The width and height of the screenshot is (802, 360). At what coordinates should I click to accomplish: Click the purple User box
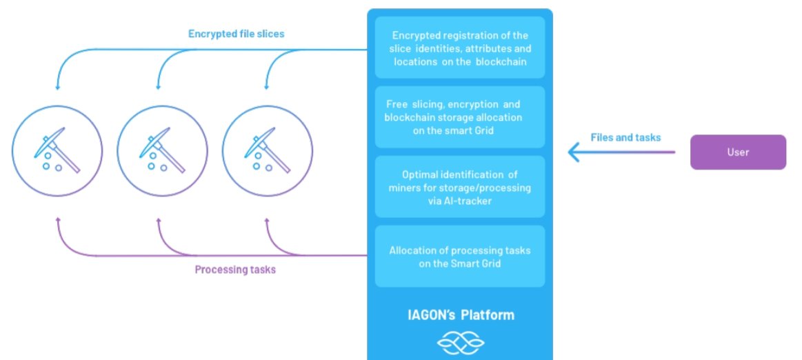tap(738, 152)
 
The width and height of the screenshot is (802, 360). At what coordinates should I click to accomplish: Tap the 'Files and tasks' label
tap(625, 137)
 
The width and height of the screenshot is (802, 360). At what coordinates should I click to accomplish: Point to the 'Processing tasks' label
tap(235, 270)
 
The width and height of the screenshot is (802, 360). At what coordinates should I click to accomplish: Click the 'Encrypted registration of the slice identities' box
tap(460, 48)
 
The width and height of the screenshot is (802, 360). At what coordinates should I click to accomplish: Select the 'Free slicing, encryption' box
tap(460, 117)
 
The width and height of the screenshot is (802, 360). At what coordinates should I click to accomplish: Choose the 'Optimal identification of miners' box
tap(460, 186)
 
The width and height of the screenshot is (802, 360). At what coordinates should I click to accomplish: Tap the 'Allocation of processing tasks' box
tap(460, 256)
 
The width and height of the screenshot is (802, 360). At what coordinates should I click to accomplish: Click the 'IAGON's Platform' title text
tap(460, 315)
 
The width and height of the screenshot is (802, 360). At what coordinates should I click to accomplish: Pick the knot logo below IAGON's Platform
tap(460, 343)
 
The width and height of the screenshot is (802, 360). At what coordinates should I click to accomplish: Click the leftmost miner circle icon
tap(57, 150)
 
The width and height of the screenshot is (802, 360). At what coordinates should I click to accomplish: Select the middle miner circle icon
tap(161, 150)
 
